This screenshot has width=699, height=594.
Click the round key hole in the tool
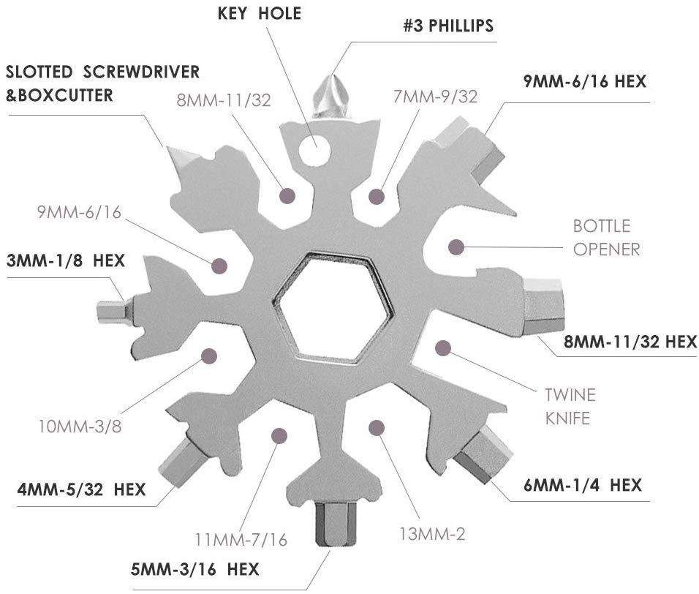coord(315,150)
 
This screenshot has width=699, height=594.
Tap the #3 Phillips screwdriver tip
coord(333,97)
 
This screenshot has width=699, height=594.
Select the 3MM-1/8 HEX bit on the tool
coord(114,310)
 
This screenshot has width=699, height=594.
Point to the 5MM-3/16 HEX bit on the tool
coord(336,524)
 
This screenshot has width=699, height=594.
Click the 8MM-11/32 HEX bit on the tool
coord(543,306)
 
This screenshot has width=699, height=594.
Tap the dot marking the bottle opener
coord(456,247)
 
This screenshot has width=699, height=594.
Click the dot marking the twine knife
coord(443,347)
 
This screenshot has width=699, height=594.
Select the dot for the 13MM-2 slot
coord(377,428)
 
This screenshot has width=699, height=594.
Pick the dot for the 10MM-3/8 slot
coord(209,356)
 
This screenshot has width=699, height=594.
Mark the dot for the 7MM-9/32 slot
coord(377,196)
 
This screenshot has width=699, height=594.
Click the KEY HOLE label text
coord(259,13)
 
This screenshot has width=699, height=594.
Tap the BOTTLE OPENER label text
coord(606,238)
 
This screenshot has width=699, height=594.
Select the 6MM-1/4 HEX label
coord(582,485)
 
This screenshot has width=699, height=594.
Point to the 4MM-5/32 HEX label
coord(82,489)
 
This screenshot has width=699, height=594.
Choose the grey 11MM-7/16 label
coord(241,540)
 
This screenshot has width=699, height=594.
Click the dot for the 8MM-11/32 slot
coord(287,195)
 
